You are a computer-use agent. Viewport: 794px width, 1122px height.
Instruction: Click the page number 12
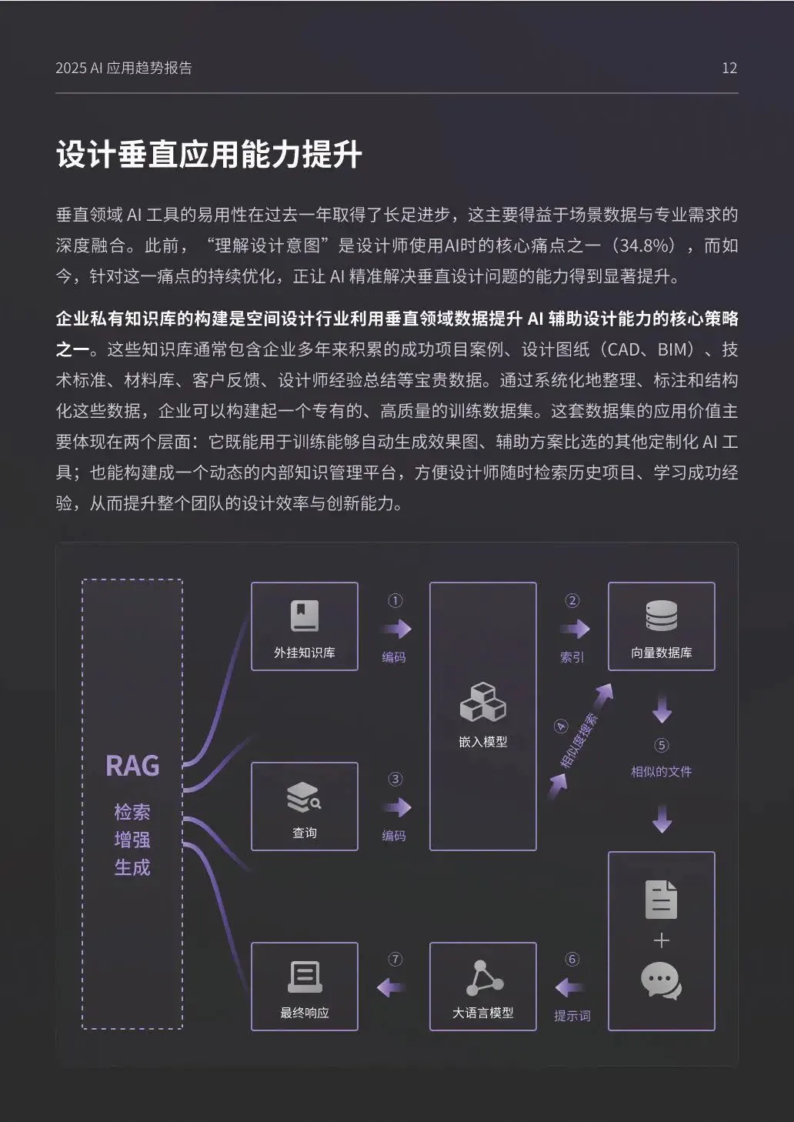tap(729, 68)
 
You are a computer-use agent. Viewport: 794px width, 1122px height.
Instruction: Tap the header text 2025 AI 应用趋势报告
tap(124, 68)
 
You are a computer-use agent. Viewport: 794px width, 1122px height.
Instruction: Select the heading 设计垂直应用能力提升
tap(209, 155)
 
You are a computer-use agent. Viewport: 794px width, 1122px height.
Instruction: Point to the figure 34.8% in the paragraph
tap(647, 245)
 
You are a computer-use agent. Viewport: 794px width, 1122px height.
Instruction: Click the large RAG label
tap(132, 766)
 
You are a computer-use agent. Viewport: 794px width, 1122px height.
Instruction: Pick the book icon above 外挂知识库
tap(305, 616)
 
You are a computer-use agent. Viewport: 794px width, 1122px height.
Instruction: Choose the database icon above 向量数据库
tap(661, 616)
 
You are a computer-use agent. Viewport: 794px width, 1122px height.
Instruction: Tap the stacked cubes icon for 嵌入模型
tap(482, 702)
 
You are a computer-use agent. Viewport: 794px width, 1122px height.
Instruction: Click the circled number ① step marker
tap(395, 601)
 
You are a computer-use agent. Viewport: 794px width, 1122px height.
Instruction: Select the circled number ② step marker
tap(572, 601)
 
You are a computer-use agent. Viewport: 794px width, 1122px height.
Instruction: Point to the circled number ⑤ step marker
tap(662, 745)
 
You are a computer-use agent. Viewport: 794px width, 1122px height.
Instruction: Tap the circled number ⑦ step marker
tap(395, 959)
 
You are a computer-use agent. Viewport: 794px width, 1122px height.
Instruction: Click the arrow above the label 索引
tap(574, 629)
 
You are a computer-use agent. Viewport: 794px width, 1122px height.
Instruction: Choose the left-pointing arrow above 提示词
tap(570, 987)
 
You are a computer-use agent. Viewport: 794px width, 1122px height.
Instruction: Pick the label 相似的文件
tap(661, 771)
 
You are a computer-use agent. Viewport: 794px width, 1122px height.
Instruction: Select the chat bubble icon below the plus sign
tap(661, 982)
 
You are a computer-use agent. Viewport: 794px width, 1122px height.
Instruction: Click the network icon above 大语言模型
tap(484, 978)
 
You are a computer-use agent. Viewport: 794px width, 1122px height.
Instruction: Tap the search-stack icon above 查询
tap(304, 797)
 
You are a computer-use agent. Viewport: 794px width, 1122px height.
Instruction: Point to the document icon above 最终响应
tap(305, 977)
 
